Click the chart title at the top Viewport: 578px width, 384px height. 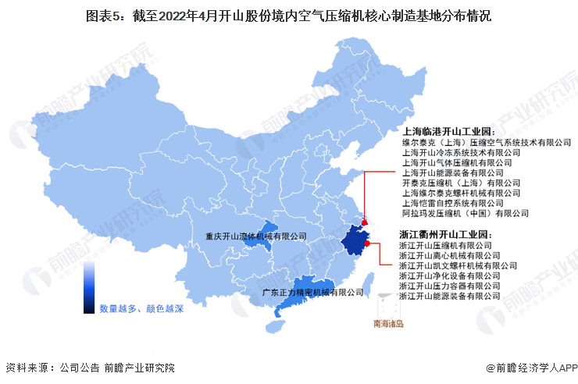[x=288, y=15]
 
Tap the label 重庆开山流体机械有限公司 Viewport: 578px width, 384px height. [x=255, y=236]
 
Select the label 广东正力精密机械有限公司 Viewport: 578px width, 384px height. [x=312, y=293]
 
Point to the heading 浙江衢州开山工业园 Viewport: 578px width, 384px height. [x=444, y=233]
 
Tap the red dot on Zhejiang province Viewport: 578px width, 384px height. [x=366, y=243]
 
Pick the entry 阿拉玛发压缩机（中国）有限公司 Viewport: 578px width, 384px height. [x=465, y=213]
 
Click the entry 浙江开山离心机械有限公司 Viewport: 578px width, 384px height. [x=448, y=255]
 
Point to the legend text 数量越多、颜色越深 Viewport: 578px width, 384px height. [x=141, y=309]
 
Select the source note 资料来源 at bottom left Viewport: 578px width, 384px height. [x=89, y=367]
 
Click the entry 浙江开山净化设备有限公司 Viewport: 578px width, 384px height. [x=448, y=276]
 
